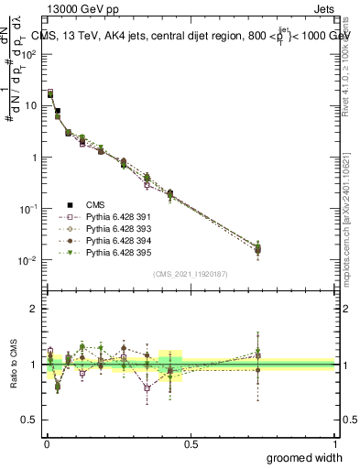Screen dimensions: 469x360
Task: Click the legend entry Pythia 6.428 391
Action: pos(111,216)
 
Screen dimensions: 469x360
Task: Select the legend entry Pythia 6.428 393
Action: pos(111,228)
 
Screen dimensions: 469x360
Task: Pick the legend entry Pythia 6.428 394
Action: pos(111,240)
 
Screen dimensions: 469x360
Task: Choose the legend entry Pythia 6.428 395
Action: pos(111,252)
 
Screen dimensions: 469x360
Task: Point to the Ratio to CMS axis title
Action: pos(12,365)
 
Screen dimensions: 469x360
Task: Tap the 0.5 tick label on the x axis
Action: pos(191,443)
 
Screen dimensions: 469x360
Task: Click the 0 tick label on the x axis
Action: pos(46,443)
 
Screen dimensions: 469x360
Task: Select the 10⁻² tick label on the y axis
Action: pos(29,260)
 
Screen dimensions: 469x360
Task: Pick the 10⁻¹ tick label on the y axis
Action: pos(29,209)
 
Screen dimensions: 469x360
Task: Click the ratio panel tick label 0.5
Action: pos(32,420)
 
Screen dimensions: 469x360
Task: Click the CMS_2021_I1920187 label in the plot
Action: pos(190,274)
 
